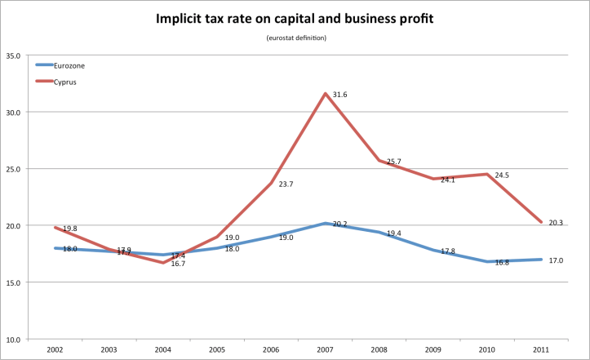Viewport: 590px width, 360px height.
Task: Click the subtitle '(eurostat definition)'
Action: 295,39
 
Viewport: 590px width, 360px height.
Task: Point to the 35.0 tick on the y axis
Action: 13,56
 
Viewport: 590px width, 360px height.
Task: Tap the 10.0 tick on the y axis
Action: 13,339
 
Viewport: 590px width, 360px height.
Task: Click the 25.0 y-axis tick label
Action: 13,169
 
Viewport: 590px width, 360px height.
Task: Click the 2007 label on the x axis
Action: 326,349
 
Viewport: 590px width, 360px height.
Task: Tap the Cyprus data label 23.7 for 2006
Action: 286,184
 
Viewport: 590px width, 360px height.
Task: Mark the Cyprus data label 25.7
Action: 393,162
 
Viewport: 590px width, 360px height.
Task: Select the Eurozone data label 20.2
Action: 341,224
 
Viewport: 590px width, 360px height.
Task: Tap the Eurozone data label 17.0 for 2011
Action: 556,260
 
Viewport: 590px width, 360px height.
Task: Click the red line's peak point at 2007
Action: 326,93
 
